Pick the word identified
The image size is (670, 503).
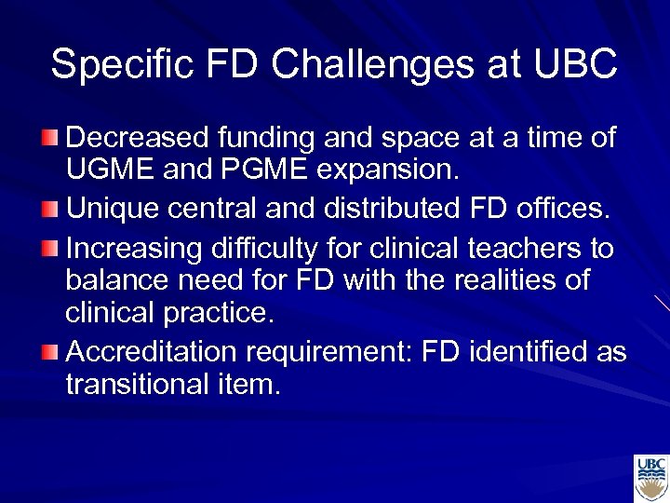pos(533,352)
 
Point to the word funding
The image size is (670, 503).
pos(264,138)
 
